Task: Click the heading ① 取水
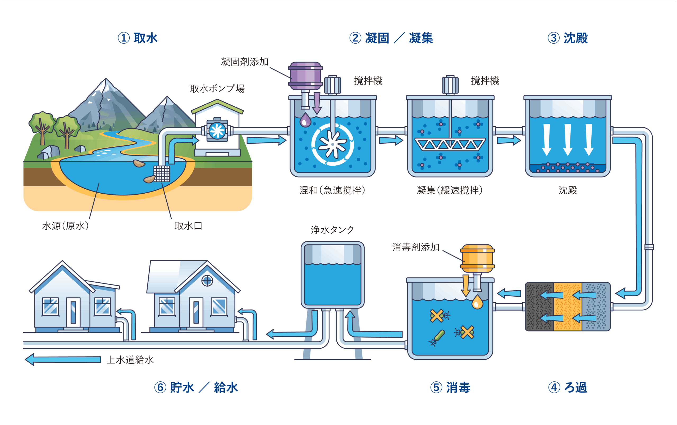click(x=138, y=38)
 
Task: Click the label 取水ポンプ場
click(x=217, y=88)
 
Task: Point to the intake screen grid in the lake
click(x=162, y=174)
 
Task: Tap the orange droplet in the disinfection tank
click(x=477, y=302)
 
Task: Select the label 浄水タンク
click(x=332, y=230)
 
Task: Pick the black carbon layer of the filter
click(x=539, y=307)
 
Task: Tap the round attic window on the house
click(x=207, y=280)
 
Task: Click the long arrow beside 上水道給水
click(x=63, y=359)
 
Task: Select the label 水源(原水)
click(x=66, y=226)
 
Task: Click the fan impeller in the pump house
click(x=217, y=131)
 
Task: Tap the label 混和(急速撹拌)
click(x=332, y=190)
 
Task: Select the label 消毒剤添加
click(x=416, y=247)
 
